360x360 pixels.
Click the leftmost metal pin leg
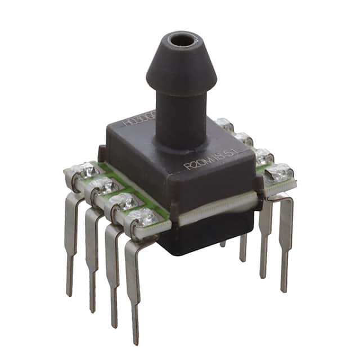pyautogui.click(x=71, y=236)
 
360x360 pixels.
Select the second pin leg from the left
pyautogui.click(x=92, y=253)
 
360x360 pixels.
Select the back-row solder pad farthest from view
pyautogui.click(x=225, y=124)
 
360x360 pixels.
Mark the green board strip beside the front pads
pyautogui.click(x=132, y=186)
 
